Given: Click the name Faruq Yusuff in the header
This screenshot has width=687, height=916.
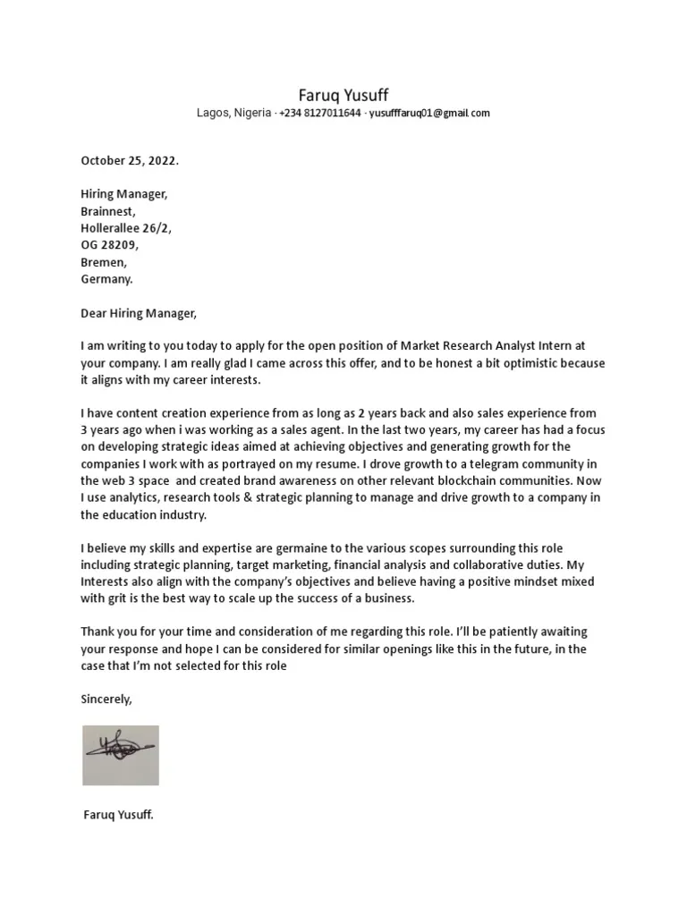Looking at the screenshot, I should point(343,95).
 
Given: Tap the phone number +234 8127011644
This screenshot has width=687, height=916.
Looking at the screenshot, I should point(320,114).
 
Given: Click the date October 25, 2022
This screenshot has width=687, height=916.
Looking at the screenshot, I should point(130,161).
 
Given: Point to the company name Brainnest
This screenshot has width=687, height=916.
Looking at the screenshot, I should point(107,211).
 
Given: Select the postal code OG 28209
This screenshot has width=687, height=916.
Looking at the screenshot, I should point(110,245).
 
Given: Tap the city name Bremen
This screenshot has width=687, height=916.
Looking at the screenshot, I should point(104,262).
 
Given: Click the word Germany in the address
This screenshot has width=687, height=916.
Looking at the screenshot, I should point(106,279).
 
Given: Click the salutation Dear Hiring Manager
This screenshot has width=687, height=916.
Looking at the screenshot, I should point(137,313).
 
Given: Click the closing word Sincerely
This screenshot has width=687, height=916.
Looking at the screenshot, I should point(106,700).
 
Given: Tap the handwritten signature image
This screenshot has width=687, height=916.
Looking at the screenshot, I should point(121,754).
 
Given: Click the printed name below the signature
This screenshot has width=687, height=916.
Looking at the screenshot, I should point(118,815).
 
